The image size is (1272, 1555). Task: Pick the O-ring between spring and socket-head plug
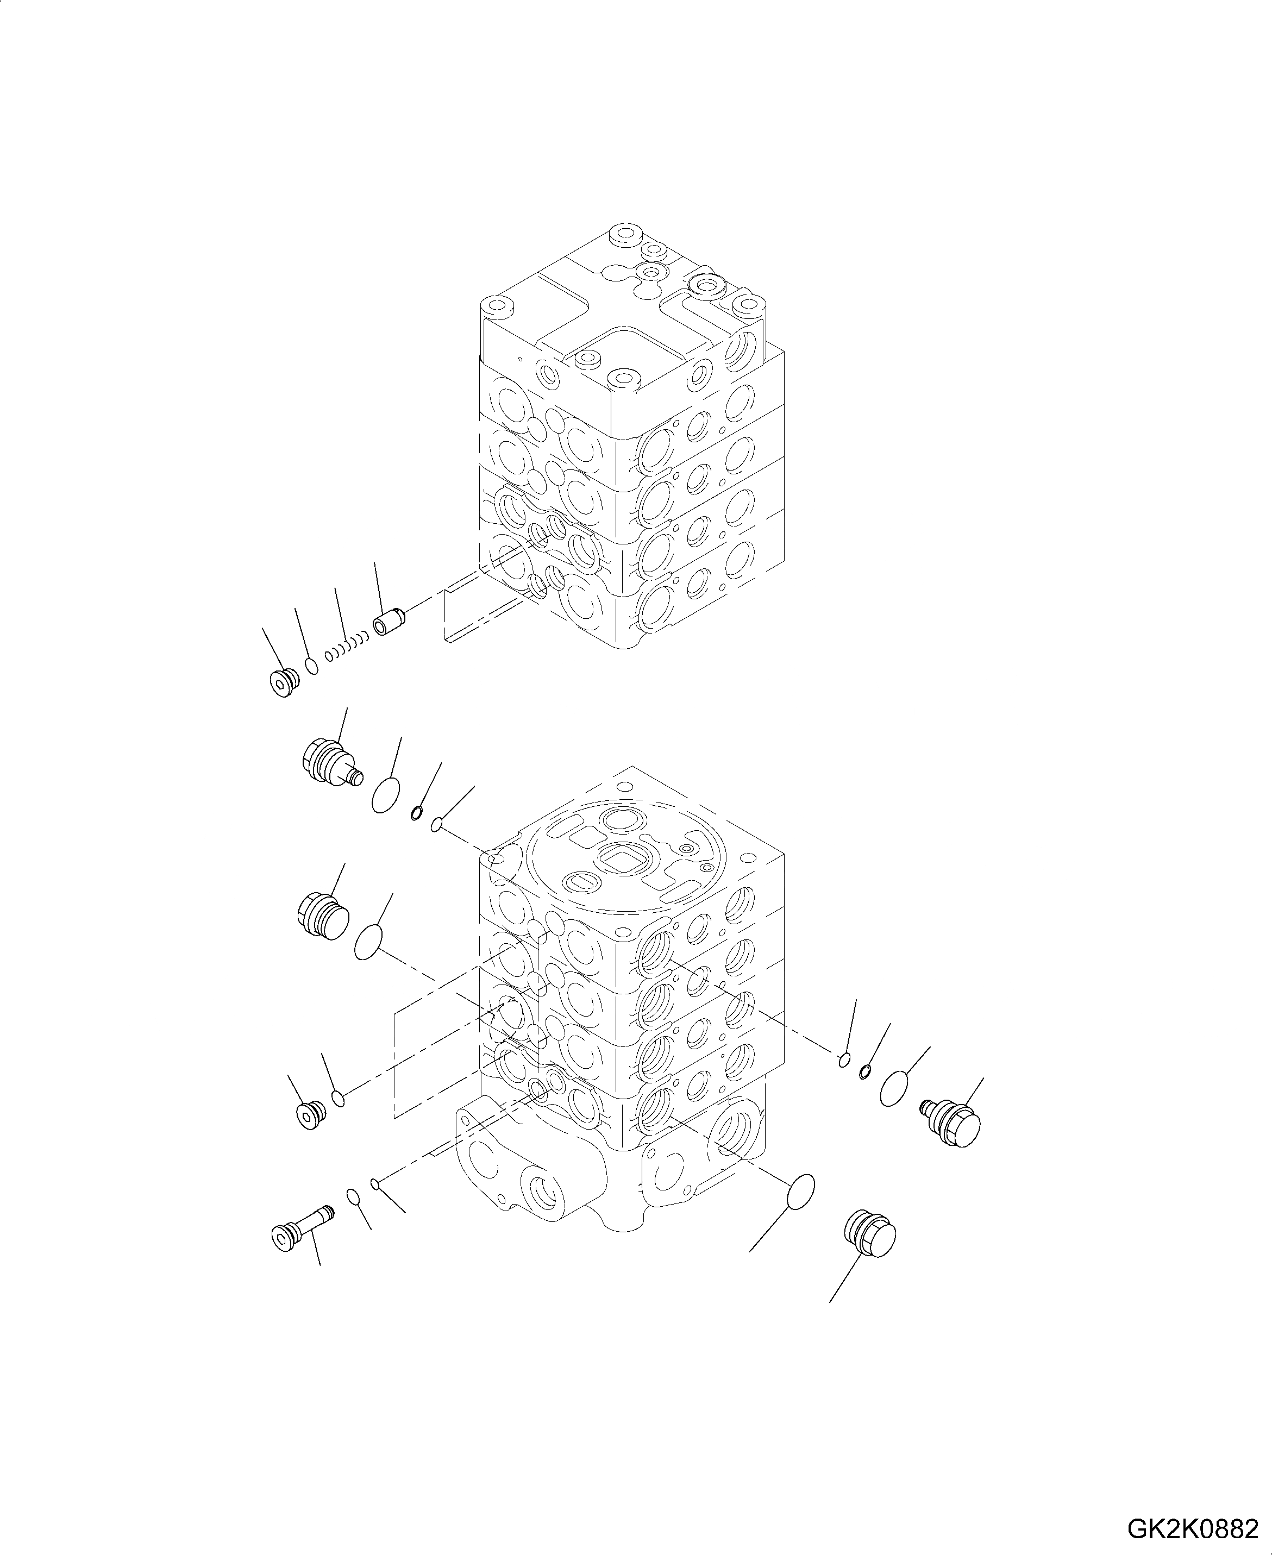pos(312,667)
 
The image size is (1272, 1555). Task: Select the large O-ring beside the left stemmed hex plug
pos(387,796)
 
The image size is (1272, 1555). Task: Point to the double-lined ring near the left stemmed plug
pos(416,813)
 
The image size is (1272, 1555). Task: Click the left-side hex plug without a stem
pos(322,917)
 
